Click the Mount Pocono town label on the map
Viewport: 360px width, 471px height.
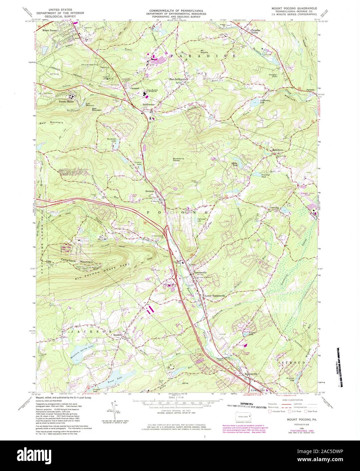click(50, 30)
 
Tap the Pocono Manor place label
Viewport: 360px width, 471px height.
click(66, 101)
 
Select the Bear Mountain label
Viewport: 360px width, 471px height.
click(52, 122)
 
